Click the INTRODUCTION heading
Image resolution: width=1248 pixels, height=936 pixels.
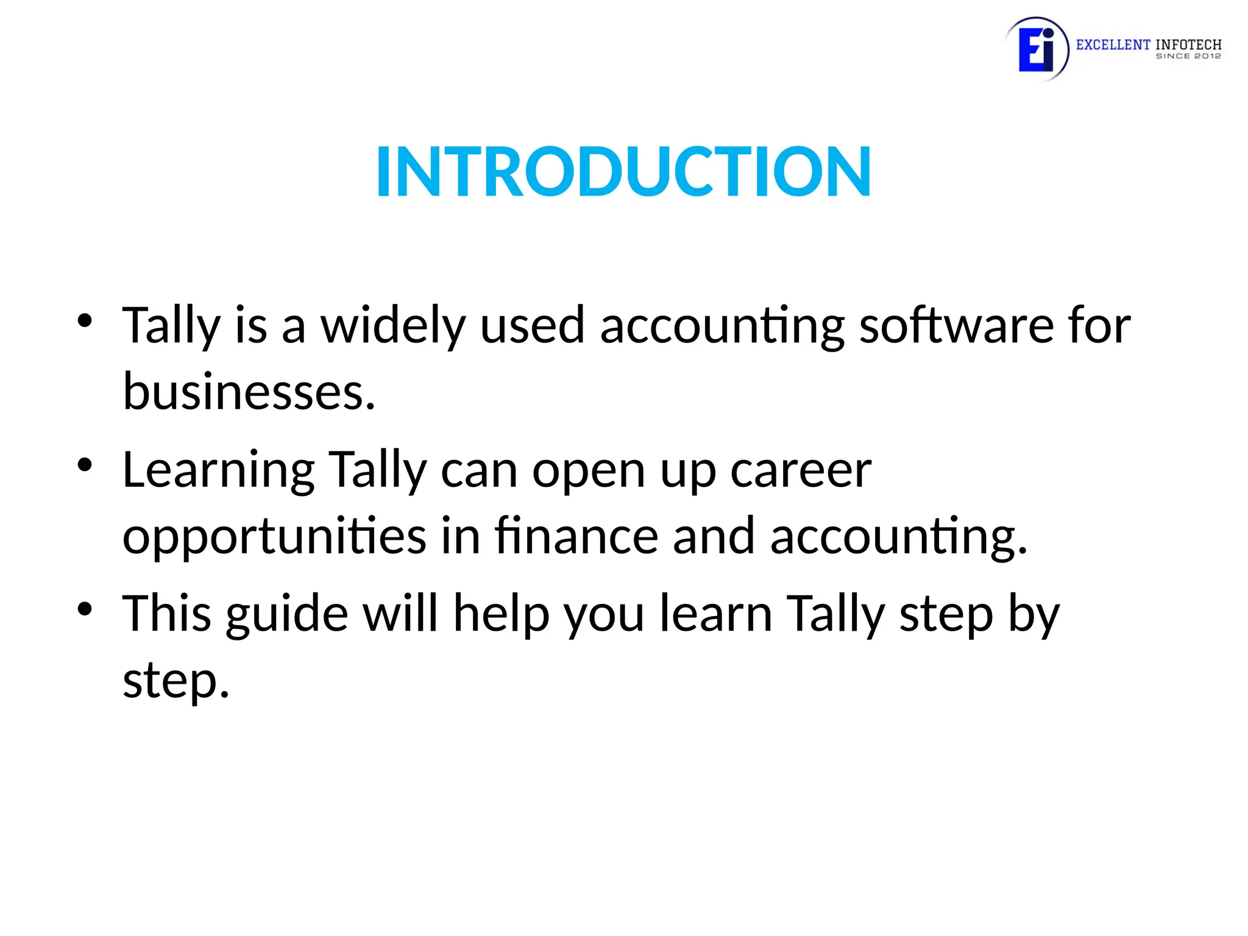coord(623,172)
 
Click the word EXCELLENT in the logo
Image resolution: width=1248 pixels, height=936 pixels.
coord(1113,44)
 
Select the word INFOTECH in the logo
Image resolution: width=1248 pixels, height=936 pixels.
coord(1188,44)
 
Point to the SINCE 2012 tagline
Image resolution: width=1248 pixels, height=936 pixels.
coord(1188,56)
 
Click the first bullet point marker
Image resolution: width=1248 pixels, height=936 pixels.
coord(85,321)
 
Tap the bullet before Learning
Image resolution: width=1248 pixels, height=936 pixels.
coord(85,465)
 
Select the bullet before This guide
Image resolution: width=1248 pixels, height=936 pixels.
coord(85,609)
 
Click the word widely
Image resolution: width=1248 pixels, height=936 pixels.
coord(393,326)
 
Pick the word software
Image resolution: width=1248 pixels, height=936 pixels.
coord(956,326)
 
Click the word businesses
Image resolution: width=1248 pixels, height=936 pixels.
coord(249,392)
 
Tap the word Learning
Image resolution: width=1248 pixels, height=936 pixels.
coord(218,470)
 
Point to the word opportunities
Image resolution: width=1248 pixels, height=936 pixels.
coord(274,536)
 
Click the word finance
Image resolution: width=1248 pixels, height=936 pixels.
coord(576,536)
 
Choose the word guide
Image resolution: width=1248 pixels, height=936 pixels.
coord(287,614)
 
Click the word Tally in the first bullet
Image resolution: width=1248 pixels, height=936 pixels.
coord(171,326)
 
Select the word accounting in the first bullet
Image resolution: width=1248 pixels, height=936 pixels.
coord(722,326)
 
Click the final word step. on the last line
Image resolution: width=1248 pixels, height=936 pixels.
coord(175,681)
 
